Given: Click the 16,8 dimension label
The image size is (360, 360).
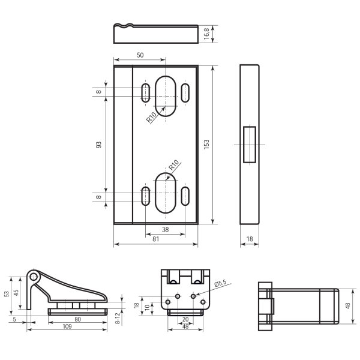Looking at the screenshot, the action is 206,34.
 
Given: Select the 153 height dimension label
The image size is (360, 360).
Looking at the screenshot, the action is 206,145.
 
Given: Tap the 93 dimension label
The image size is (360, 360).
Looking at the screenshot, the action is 98,145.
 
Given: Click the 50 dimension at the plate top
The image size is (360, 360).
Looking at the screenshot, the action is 140,55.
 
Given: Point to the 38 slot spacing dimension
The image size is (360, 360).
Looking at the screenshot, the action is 166,229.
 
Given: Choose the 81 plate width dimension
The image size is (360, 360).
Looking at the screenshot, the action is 155,239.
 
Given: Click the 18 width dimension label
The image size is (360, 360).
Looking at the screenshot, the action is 250,239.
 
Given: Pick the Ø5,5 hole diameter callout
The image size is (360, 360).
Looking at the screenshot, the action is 220,283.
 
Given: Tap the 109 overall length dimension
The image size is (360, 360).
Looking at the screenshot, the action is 67,326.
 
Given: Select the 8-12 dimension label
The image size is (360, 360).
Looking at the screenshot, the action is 118,318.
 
